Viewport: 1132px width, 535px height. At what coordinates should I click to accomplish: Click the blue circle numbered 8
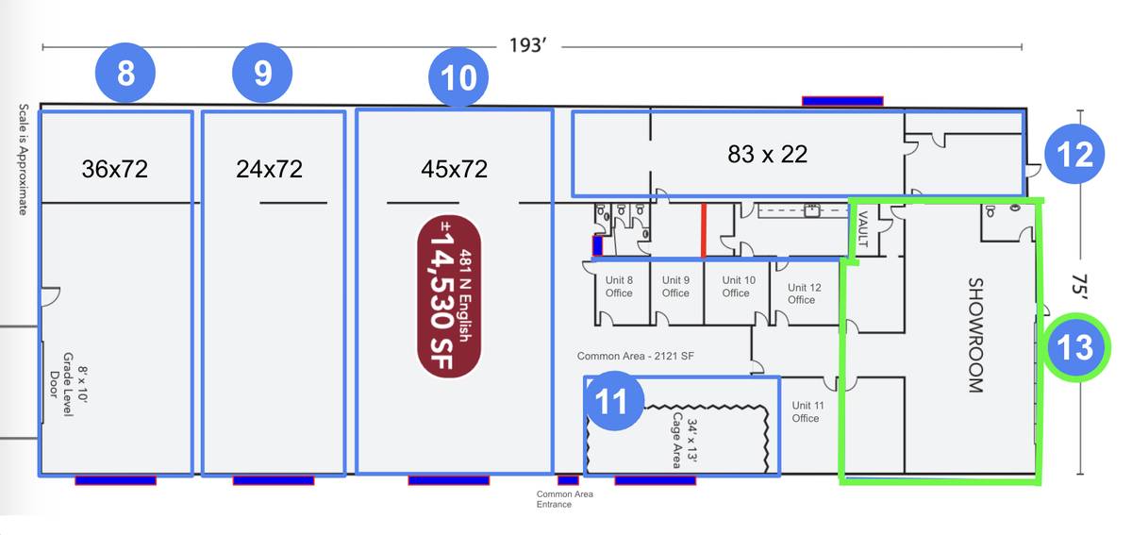click(125, 73)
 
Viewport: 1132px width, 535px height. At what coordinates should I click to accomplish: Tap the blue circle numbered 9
click(262, 73)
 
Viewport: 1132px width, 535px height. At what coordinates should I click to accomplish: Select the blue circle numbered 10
click(458, 77)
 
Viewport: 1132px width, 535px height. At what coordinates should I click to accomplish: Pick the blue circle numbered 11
click(613, 401)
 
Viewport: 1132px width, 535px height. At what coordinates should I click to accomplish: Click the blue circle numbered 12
click(1074, 154)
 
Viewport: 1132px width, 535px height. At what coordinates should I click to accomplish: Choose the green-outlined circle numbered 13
click(1076, 347)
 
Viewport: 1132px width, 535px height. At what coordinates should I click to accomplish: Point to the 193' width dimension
click(527, 45)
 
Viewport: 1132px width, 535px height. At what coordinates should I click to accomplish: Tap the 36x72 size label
click(115, 169)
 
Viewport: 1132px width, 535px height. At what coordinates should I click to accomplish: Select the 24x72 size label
click(269, 169)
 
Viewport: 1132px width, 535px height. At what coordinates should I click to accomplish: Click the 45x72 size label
click(454, 169)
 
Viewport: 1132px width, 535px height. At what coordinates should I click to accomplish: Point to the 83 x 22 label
click(767, 154)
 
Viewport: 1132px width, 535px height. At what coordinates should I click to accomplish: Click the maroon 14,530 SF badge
click(449, 296)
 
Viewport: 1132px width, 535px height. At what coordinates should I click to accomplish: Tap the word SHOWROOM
click(975, 335)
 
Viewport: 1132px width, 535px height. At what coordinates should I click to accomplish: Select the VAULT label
click(862, 229)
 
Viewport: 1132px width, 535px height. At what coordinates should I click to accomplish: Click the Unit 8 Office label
click(619, 286)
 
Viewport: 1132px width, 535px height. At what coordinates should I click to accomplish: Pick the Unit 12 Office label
click(804, 293)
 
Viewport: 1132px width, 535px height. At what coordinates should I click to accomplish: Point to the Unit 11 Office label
click(807, 411)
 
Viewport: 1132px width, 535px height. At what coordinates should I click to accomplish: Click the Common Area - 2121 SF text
click(635, 356)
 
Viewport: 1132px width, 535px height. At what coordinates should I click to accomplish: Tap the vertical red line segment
click(703, 230)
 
